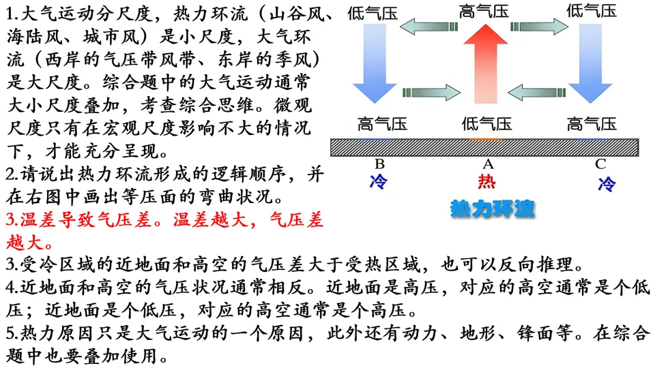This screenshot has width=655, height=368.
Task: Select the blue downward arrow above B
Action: (375, 65)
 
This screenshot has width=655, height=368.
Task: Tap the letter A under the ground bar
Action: (488, 164)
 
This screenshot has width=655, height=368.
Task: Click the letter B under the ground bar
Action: (379, 164)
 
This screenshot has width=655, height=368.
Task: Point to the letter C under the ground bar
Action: (600, 164)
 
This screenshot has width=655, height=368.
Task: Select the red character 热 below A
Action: (487, 182)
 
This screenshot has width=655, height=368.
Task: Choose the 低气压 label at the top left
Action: (373, 11)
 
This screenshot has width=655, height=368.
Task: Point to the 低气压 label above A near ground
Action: (486, 124)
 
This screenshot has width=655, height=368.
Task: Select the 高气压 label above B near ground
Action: (382, 124)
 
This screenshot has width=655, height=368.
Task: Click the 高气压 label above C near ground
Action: (592, 124)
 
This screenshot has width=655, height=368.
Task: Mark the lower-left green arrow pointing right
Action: (431, 92)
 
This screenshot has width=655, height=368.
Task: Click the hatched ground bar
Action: (484, 147)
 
